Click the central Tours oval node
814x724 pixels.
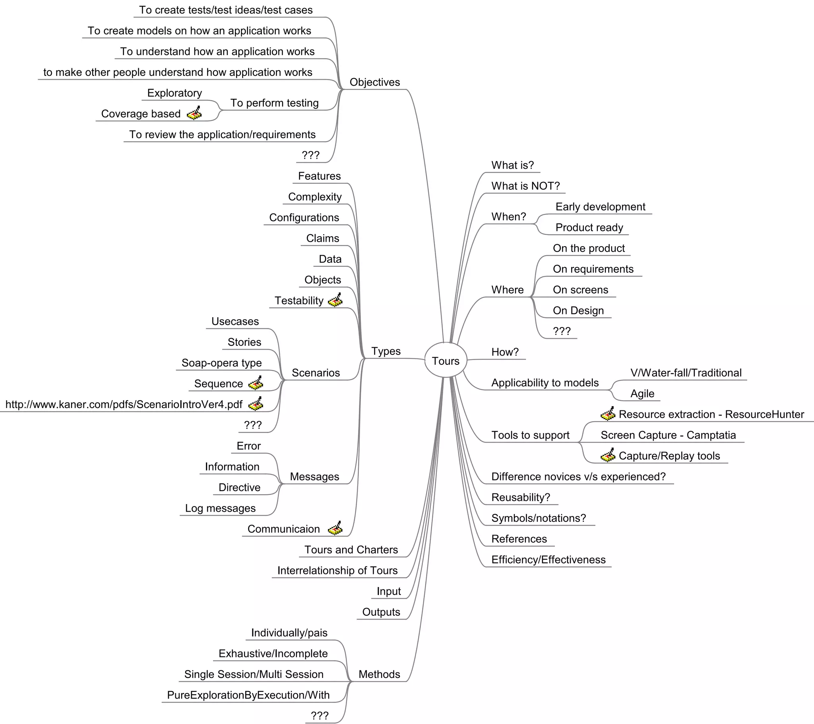pos(445,361)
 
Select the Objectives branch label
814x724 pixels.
pos(374,82)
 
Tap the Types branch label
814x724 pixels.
pos(386,351)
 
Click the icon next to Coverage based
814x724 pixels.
pos(194,114)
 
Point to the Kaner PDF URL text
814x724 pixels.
pos(124,404)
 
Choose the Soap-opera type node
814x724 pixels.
pos(221,363)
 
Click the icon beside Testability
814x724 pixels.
pos(335,300)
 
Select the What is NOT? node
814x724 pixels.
pos(525,186)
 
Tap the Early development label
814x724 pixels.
pos(600,206)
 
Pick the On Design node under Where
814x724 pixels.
pos(578,310)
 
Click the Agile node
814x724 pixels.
pos(642,393)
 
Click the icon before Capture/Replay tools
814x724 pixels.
pos(608,455)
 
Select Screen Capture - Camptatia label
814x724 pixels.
pos(668,435)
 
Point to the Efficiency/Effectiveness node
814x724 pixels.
pos(548,559)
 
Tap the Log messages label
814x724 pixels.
pos(220,508)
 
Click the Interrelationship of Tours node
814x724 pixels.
pos(337,570)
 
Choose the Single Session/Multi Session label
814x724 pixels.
pos(254,674)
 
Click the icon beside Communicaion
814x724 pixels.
pos(335,528)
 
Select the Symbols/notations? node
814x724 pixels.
pos(539,518)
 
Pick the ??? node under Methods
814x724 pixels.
pos(320,716)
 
